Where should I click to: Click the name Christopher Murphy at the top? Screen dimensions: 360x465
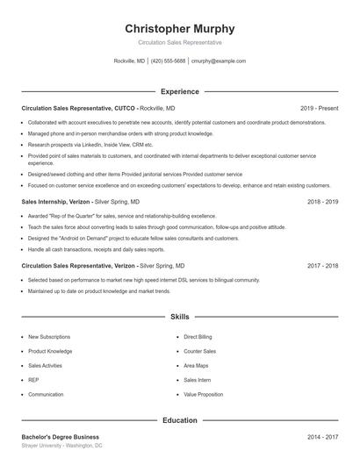pyautogui.click(x=180, y=29)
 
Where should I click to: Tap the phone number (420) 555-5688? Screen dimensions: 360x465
pyautogui.click(x=169, y=61)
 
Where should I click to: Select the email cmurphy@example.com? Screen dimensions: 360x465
pyautogui.click(x=218, y=61)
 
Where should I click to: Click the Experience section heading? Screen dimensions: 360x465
pyautogui.click(x=180, y=91)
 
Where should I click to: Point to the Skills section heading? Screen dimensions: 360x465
pyautogui.click(x=180, y=316)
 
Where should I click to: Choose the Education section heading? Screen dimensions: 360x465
pyautogui.click(x=180, y=420)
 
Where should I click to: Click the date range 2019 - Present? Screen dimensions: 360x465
pyautogui.click(x=319, y=108)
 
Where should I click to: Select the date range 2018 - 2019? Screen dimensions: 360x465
pyautogui.click(x=322, y=202)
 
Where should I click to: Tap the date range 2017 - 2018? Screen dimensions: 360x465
pyautogui.click(x=322, y=265)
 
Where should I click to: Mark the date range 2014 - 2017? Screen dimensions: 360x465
pyautogui.click(x=322, y=437)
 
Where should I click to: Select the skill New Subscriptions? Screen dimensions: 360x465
pyautogui.click(x=49, y=337)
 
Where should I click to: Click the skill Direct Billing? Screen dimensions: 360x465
pyautogui.click(x=198, y=337)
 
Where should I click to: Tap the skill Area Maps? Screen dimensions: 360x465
pyautogui.click(x=196, y=366)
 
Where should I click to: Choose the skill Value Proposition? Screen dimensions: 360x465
pyautogui.click(x=203, y=395)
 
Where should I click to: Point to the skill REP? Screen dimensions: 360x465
pyautogui.click(x=33, y=381)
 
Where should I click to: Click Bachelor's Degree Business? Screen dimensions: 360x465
pyautogui.click(x=60, y=437)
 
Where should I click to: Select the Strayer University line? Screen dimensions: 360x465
pyautogui.click(x=61, y=446)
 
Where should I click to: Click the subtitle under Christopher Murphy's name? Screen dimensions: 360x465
pyautogui.click(x=180, y=42)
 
